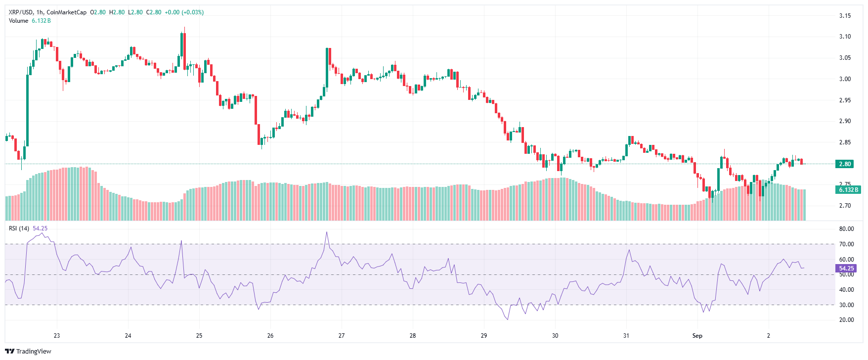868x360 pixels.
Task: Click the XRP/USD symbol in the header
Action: coord(21,12)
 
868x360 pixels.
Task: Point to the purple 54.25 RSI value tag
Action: coord(846,269)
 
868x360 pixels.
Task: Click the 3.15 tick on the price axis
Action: coord(845,16)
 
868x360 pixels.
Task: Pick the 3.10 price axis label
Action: coord(845,37)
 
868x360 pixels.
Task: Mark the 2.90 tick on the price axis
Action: coord(845,121)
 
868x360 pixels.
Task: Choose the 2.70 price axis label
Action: coord(845,206)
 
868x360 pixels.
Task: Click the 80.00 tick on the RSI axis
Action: coord(846,229)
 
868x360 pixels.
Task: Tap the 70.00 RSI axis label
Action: coord(846,244)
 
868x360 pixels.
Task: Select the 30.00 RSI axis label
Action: coord(846,305)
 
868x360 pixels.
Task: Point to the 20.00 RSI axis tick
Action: coord(846,320)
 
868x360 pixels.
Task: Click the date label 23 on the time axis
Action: coord(57,336)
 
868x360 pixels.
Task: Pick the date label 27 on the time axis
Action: coord(342,336)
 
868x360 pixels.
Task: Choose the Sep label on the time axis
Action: coord(697,336)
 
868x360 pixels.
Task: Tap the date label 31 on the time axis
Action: coord(626,336)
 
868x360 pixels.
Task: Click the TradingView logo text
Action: coord(33,352)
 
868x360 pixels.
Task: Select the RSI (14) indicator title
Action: coord(19,228)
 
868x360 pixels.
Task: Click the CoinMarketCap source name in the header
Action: coord(67,12)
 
